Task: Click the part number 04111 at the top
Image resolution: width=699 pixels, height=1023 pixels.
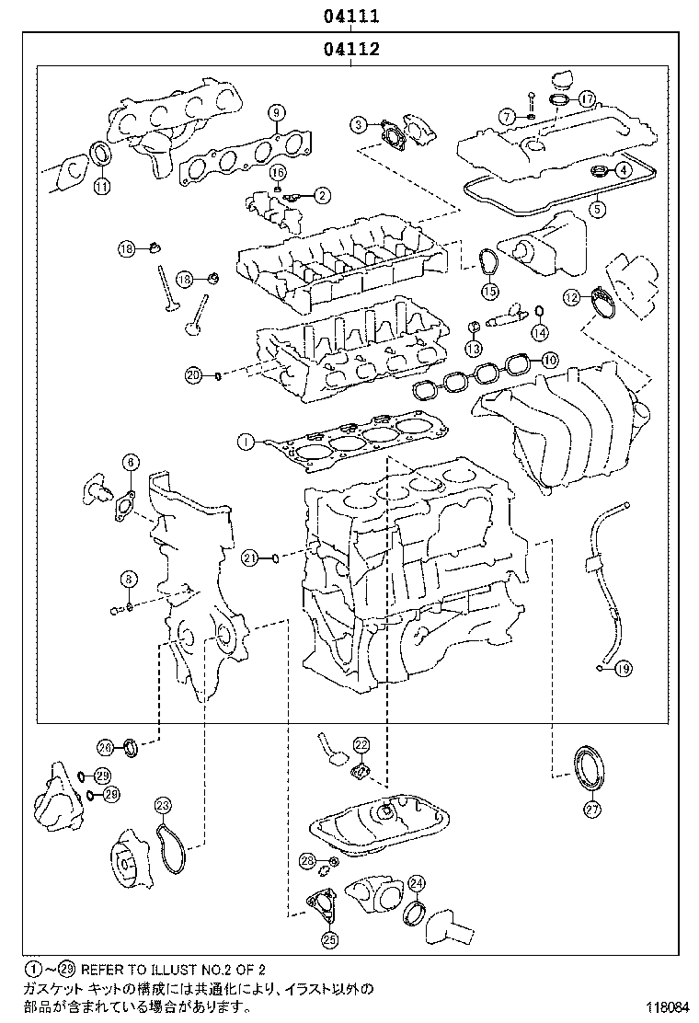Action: click(351, 16)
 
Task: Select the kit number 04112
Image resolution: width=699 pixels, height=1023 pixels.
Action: click(351, 50)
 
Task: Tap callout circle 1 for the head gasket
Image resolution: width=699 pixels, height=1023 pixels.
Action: click(245, 443)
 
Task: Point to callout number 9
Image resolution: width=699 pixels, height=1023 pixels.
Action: click(274, 113)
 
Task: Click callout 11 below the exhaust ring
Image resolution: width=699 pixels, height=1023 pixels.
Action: click(101, 186)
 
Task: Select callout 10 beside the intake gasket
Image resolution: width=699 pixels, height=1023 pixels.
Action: click(549, 360)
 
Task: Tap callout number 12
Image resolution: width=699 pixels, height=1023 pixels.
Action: click(572, 297)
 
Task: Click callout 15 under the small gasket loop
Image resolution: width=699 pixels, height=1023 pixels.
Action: click(488, 292)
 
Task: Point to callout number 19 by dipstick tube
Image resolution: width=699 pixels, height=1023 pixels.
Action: click(625, 669)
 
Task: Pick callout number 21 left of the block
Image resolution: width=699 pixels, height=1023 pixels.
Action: click(250, 557)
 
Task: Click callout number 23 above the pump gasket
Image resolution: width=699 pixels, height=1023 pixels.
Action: click(162, 807)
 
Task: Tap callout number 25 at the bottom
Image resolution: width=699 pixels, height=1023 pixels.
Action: click(329, 939)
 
